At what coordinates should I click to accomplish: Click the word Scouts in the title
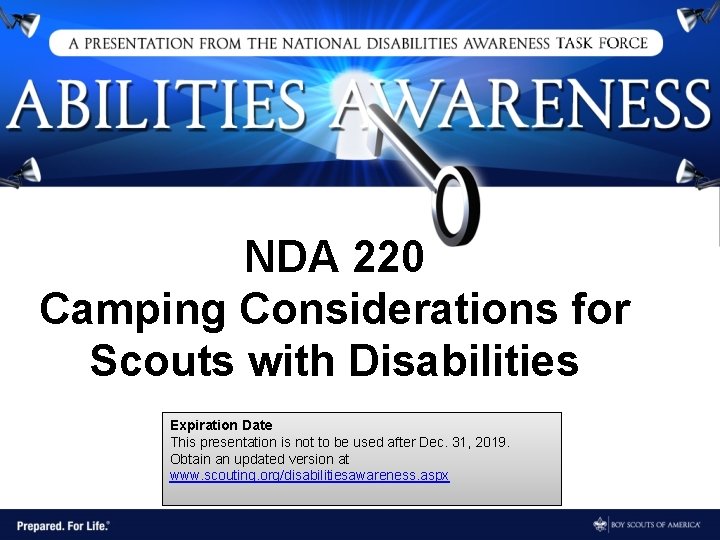point(162,360)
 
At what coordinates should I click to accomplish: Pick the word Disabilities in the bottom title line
point(463,360)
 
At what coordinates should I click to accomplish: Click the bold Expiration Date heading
point(221,425)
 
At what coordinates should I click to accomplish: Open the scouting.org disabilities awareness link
point(310,475)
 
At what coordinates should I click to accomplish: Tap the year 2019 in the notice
point(492,441)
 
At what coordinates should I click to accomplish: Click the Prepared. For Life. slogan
point(62,525)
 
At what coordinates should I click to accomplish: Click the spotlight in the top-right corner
point(697,18)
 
